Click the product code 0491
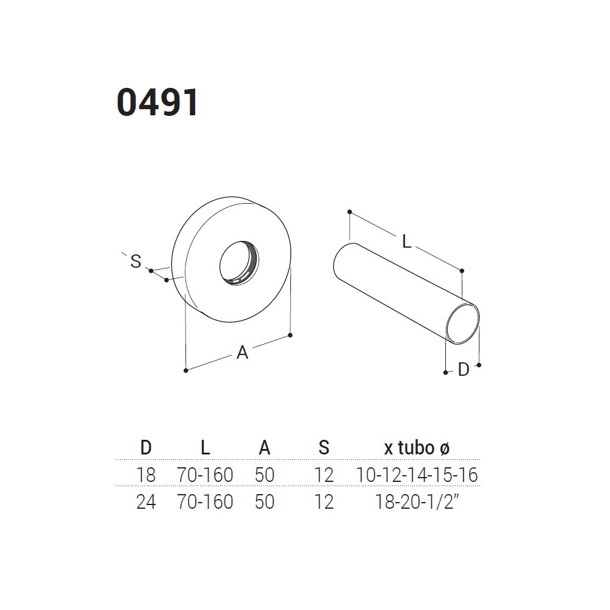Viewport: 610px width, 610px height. (157, 102)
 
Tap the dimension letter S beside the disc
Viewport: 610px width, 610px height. (136, 261)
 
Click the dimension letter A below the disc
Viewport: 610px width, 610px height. (242, 353)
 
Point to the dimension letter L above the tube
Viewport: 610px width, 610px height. (406, 242)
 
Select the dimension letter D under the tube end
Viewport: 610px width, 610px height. (464, 370)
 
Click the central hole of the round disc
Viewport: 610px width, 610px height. (239, 263)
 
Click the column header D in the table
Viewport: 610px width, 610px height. (146, 448)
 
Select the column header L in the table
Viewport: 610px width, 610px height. (205, 448)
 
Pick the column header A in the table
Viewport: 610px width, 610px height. (265, 448)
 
